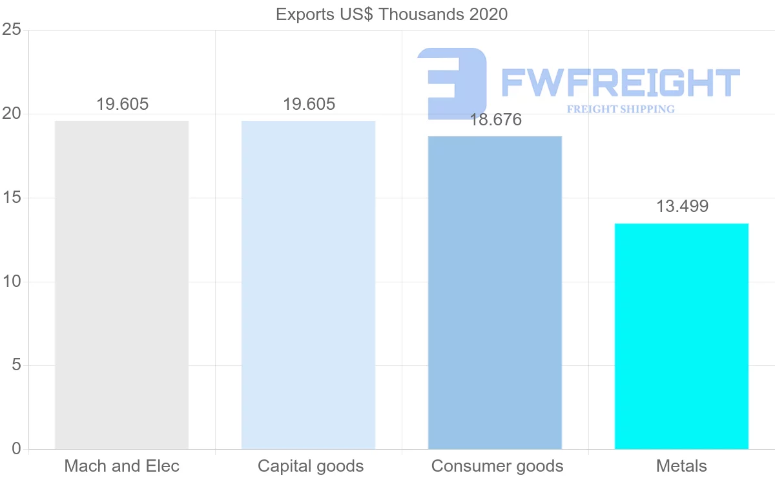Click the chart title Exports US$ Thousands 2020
(x=391, y=14)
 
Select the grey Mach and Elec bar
(x=121, y=284)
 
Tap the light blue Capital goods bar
(x=308, y=284)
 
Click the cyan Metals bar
(x=681, y=336)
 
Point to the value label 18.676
(x=495, y=120)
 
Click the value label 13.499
(x=682, y=207)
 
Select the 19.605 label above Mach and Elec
(x=122, y=105)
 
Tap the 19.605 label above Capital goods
(x=309, y=105)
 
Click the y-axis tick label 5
(x=16, y=365)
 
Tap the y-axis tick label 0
(x=16, y=449)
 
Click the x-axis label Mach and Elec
(x=121, y=466)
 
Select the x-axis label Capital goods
(x=310, y=466)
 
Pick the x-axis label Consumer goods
(x=497, y=466)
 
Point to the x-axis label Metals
(x=681, y=466)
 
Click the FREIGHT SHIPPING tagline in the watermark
(x=620, y=109)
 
